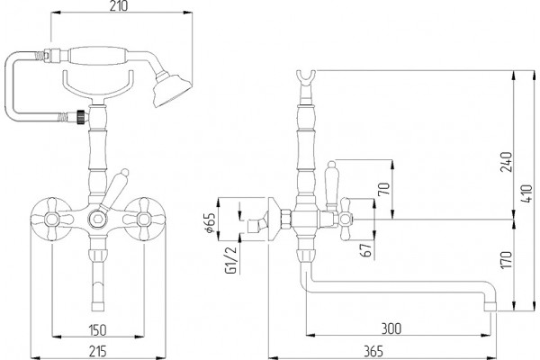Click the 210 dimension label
[119, 5]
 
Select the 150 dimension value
[98, 329]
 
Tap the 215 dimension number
[98, 351]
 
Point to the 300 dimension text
[391, 328]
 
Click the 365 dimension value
[373, 351]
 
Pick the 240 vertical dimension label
[506, 162]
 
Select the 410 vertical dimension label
[526, 193]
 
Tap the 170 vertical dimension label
[506, 259]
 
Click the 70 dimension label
[384, 188]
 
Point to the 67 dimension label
[366, 250]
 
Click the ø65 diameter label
[210, 223]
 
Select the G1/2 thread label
[231, 260]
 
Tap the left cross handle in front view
[51, 218]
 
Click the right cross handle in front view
[144, 218]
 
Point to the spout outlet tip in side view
[490, 307]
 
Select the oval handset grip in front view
[98, 55]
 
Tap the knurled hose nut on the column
[81, 116]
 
